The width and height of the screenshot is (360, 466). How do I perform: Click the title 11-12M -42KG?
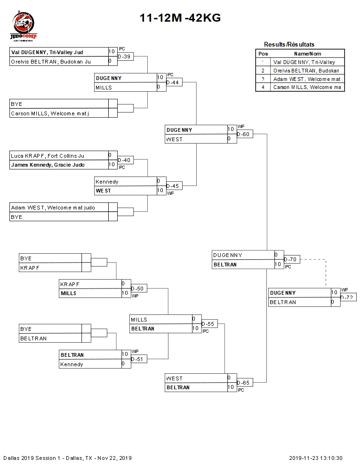point(180,18)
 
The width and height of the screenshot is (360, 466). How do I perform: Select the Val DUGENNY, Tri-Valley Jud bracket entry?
point(47,52)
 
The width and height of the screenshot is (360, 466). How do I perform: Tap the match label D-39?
point(124,56)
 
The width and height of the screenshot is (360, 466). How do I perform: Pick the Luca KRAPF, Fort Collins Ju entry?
point(48,155)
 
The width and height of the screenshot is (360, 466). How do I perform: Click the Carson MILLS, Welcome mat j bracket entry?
point(50,113)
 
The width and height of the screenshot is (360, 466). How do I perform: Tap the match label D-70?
point(290,260)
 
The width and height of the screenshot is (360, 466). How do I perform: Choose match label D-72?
point(347,297)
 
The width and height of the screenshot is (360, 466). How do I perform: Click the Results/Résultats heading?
point(289,44)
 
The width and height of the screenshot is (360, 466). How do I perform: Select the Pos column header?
point(263,54)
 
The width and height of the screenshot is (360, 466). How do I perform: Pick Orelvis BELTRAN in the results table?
point(306,70)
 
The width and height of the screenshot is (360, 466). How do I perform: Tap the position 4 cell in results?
point(263,87)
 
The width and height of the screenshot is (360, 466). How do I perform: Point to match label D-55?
point(208,324)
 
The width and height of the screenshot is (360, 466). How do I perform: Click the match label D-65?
point(243,383)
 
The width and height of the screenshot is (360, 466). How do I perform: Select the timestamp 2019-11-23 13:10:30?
point(315,458)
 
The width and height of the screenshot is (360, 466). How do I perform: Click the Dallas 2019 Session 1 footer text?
point(67,458)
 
